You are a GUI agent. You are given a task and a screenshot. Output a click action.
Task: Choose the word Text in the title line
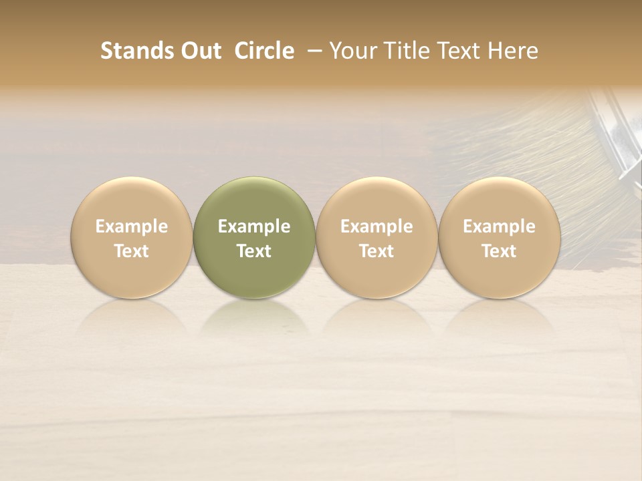tap(460, 51)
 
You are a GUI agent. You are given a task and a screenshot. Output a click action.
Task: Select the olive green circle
tap(254, 237)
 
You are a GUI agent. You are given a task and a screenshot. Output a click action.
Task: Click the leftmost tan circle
tap(132, 237)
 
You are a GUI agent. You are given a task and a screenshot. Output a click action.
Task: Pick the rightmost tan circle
tap(499, 237)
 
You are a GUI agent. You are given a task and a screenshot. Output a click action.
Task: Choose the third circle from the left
tap(377, 237)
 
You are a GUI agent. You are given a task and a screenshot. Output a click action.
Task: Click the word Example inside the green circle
tap(254, 226)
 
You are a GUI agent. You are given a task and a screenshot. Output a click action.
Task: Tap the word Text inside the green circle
tap(254, 251)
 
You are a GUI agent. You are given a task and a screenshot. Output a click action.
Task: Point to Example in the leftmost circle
tap(132, 226)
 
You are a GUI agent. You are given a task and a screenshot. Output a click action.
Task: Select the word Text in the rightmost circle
tap(499, 251)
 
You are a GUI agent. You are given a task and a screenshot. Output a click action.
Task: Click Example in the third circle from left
tap(377, 226)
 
